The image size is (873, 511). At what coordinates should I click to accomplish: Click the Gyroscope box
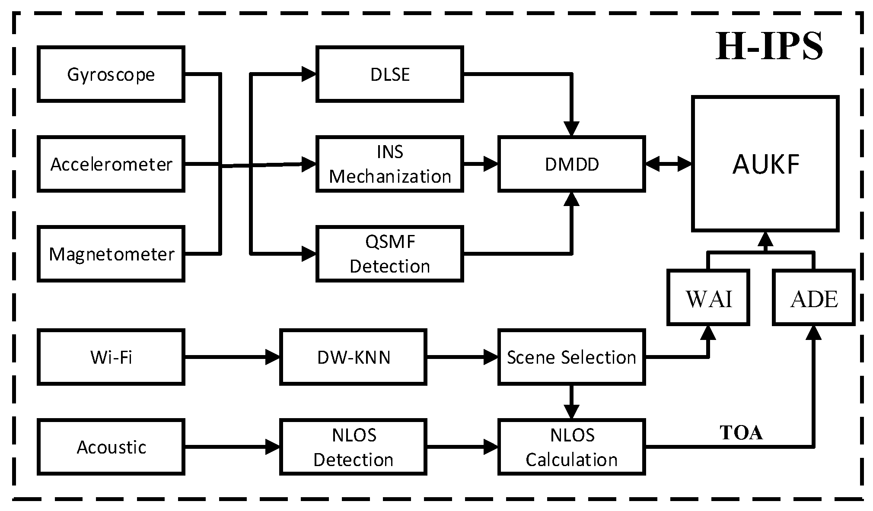[x=111, y=74]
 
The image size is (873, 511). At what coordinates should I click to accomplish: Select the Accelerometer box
[x=111, y=164]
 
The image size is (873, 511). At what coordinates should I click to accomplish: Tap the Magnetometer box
[x=111, y=254]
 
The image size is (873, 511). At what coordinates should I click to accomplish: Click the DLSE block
[x=390, y=74]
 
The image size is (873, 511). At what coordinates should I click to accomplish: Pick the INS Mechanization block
[x=390, y=164]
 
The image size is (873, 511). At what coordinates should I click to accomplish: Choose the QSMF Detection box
[x=390, y=254]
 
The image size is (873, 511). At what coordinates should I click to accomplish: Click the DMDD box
[x=571, y=164]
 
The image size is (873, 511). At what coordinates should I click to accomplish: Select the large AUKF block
[x=765, y=164]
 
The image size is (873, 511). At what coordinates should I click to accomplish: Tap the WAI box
[x=708, y=298]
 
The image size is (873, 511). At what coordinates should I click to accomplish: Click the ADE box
[x=813, y=298]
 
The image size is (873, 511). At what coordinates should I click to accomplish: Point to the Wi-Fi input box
[x=111, y=357]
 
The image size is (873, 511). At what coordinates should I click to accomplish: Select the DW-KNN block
[x=353, y=357]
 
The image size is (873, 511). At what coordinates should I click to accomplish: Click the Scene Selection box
[x=571, y=357]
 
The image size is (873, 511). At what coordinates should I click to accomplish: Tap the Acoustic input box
[x=111, y=447]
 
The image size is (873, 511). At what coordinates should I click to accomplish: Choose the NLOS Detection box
[x=353, y=447]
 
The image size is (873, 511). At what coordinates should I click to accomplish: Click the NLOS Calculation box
[x=571, y=447]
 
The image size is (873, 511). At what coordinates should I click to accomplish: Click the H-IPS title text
[x=769, y=47]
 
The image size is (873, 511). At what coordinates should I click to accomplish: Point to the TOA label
[x=741, y=433]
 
